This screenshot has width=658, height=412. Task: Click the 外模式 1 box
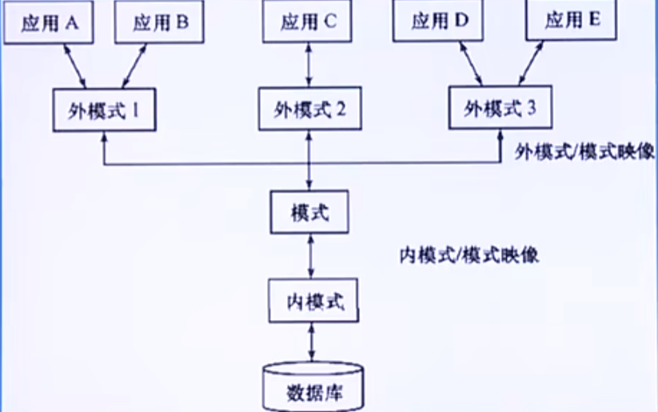click(x=103, y=110)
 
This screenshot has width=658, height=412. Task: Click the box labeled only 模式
click(x=309, y=211)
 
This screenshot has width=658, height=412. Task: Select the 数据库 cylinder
click(x=312, y=387)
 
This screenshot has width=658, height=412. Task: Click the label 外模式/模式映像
click(x=584, y=150)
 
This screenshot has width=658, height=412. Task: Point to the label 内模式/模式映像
click(x=469, y=255)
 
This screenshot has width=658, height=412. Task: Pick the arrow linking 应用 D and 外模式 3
click(x=470, y=63)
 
